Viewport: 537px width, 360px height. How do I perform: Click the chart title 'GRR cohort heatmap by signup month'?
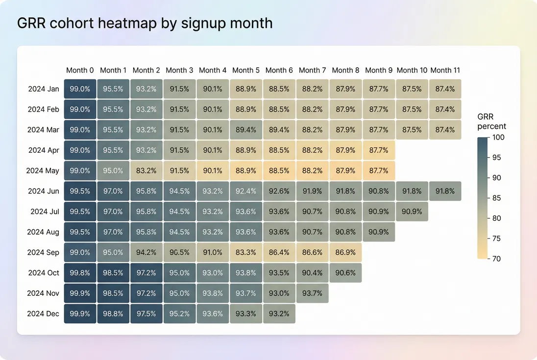[145, 23]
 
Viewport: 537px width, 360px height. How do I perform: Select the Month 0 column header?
[80, 70]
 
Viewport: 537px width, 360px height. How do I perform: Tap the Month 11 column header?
[445, 70]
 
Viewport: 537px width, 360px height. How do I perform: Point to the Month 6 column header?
[279, 70]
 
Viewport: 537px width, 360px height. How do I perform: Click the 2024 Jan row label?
[44, 89]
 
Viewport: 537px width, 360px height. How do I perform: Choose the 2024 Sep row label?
[43, 252]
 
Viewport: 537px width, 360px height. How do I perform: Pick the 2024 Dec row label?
[43, 313]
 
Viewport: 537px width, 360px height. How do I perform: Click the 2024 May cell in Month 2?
[146, 170]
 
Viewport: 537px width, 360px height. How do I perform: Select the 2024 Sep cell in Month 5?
[246, 252]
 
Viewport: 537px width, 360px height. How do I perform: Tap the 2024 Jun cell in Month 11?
[445, 191]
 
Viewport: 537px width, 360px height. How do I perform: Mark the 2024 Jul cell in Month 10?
[412, 212]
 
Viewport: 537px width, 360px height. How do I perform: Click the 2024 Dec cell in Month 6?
[279, 313]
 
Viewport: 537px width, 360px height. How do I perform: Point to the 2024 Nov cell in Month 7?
[313, 293]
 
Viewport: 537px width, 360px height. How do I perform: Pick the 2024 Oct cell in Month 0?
[80, 273]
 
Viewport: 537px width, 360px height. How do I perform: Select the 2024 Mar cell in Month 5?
[246, 130]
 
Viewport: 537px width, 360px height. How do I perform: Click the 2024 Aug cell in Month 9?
[379, 232]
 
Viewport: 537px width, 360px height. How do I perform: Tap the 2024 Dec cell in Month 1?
[113, 313]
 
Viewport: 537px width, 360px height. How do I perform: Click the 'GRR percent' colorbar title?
[491, 121]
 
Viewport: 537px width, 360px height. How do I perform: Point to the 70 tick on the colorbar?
[496, 259]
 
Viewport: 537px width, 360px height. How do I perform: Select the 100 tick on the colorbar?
[498, 138]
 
